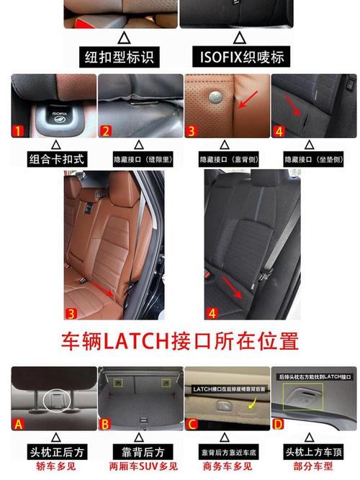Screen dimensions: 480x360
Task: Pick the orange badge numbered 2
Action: pyautogui.click(x=106, y=131)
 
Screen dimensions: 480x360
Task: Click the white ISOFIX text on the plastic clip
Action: pyautogui.click(x=59, y=112)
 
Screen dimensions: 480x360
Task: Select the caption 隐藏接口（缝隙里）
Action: pyautogui.click(x=138, y=158)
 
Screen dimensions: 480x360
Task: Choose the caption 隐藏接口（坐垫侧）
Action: pyautogui.click(x=315, y=158)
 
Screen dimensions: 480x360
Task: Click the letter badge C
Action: pyautogui.click(x=192, y=424)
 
